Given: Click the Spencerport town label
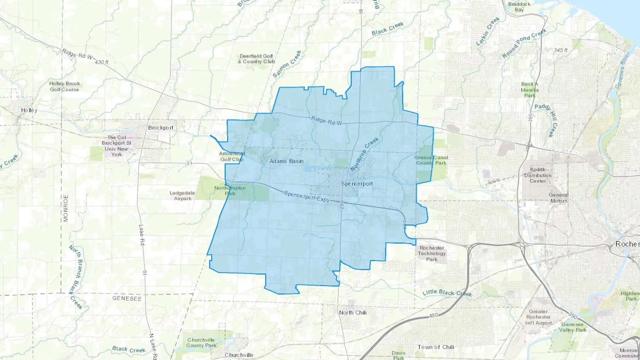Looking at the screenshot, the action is pos(357,184).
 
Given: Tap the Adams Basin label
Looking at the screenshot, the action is pos(286,161).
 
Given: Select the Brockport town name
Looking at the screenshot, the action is pos(161,128).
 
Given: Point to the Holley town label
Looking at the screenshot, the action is pos(29,110).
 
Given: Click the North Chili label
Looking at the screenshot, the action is pos(353,312).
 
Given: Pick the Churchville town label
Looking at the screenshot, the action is pos(239,355).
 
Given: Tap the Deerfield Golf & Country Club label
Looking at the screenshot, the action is pos(256,59).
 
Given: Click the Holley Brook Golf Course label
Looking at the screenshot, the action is pos(64,86).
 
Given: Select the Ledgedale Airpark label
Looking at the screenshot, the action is pos(182,195).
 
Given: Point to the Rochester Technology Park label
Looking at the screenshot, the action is pos(432,253).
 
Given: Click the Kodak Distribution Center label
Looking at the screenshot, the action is pos(538,175).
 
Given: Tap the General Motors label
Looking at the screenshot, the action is pos(559,198).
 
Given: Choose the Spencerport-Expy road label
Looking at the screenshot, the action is pos(307,197).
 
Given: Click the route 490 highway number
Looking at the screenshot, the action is pos(433,315).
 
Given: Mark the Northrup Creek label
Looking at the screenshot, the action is pos(365,154).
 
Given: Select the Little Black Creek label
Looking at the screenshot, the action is pos(447,293).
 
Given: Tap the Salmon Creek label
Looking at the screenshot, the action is pos(287,64).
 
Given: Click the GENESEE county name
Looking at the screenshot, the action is pos(127,298).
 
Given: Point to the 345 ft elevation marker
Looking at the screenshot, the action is pos(560,50).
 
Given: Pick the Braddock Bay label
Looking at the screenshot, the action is pos(519,7).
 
